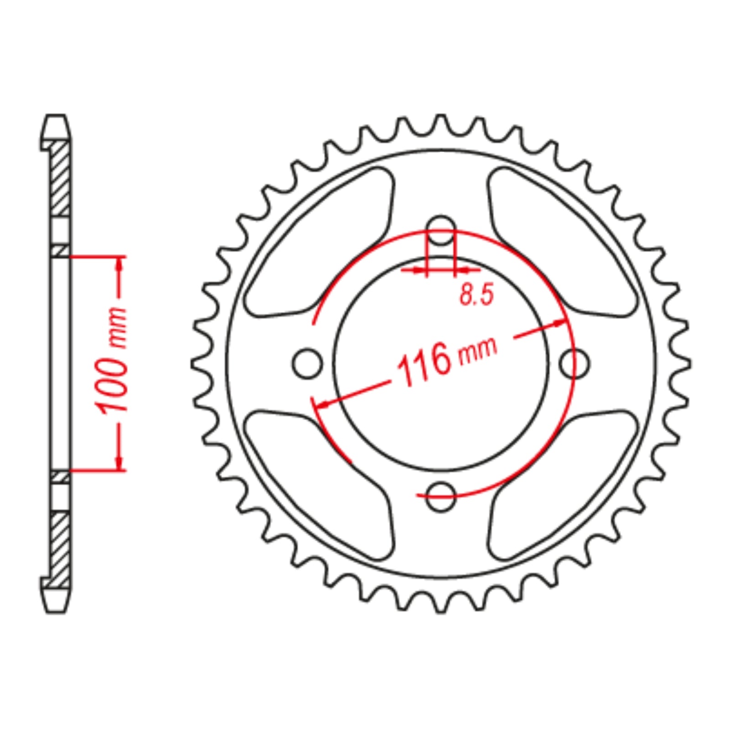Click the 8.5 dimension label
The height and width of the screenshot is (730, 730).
[476, 294]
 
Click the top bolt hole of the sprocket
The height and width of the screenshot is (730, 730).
[441, 229]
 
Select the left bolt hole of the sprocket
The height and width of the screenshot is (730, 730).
[307, 364]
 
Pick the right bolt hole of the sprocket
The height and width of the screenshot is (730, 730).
[575, 364]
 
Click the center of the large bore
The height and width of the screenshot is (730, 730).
[441, 364]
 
